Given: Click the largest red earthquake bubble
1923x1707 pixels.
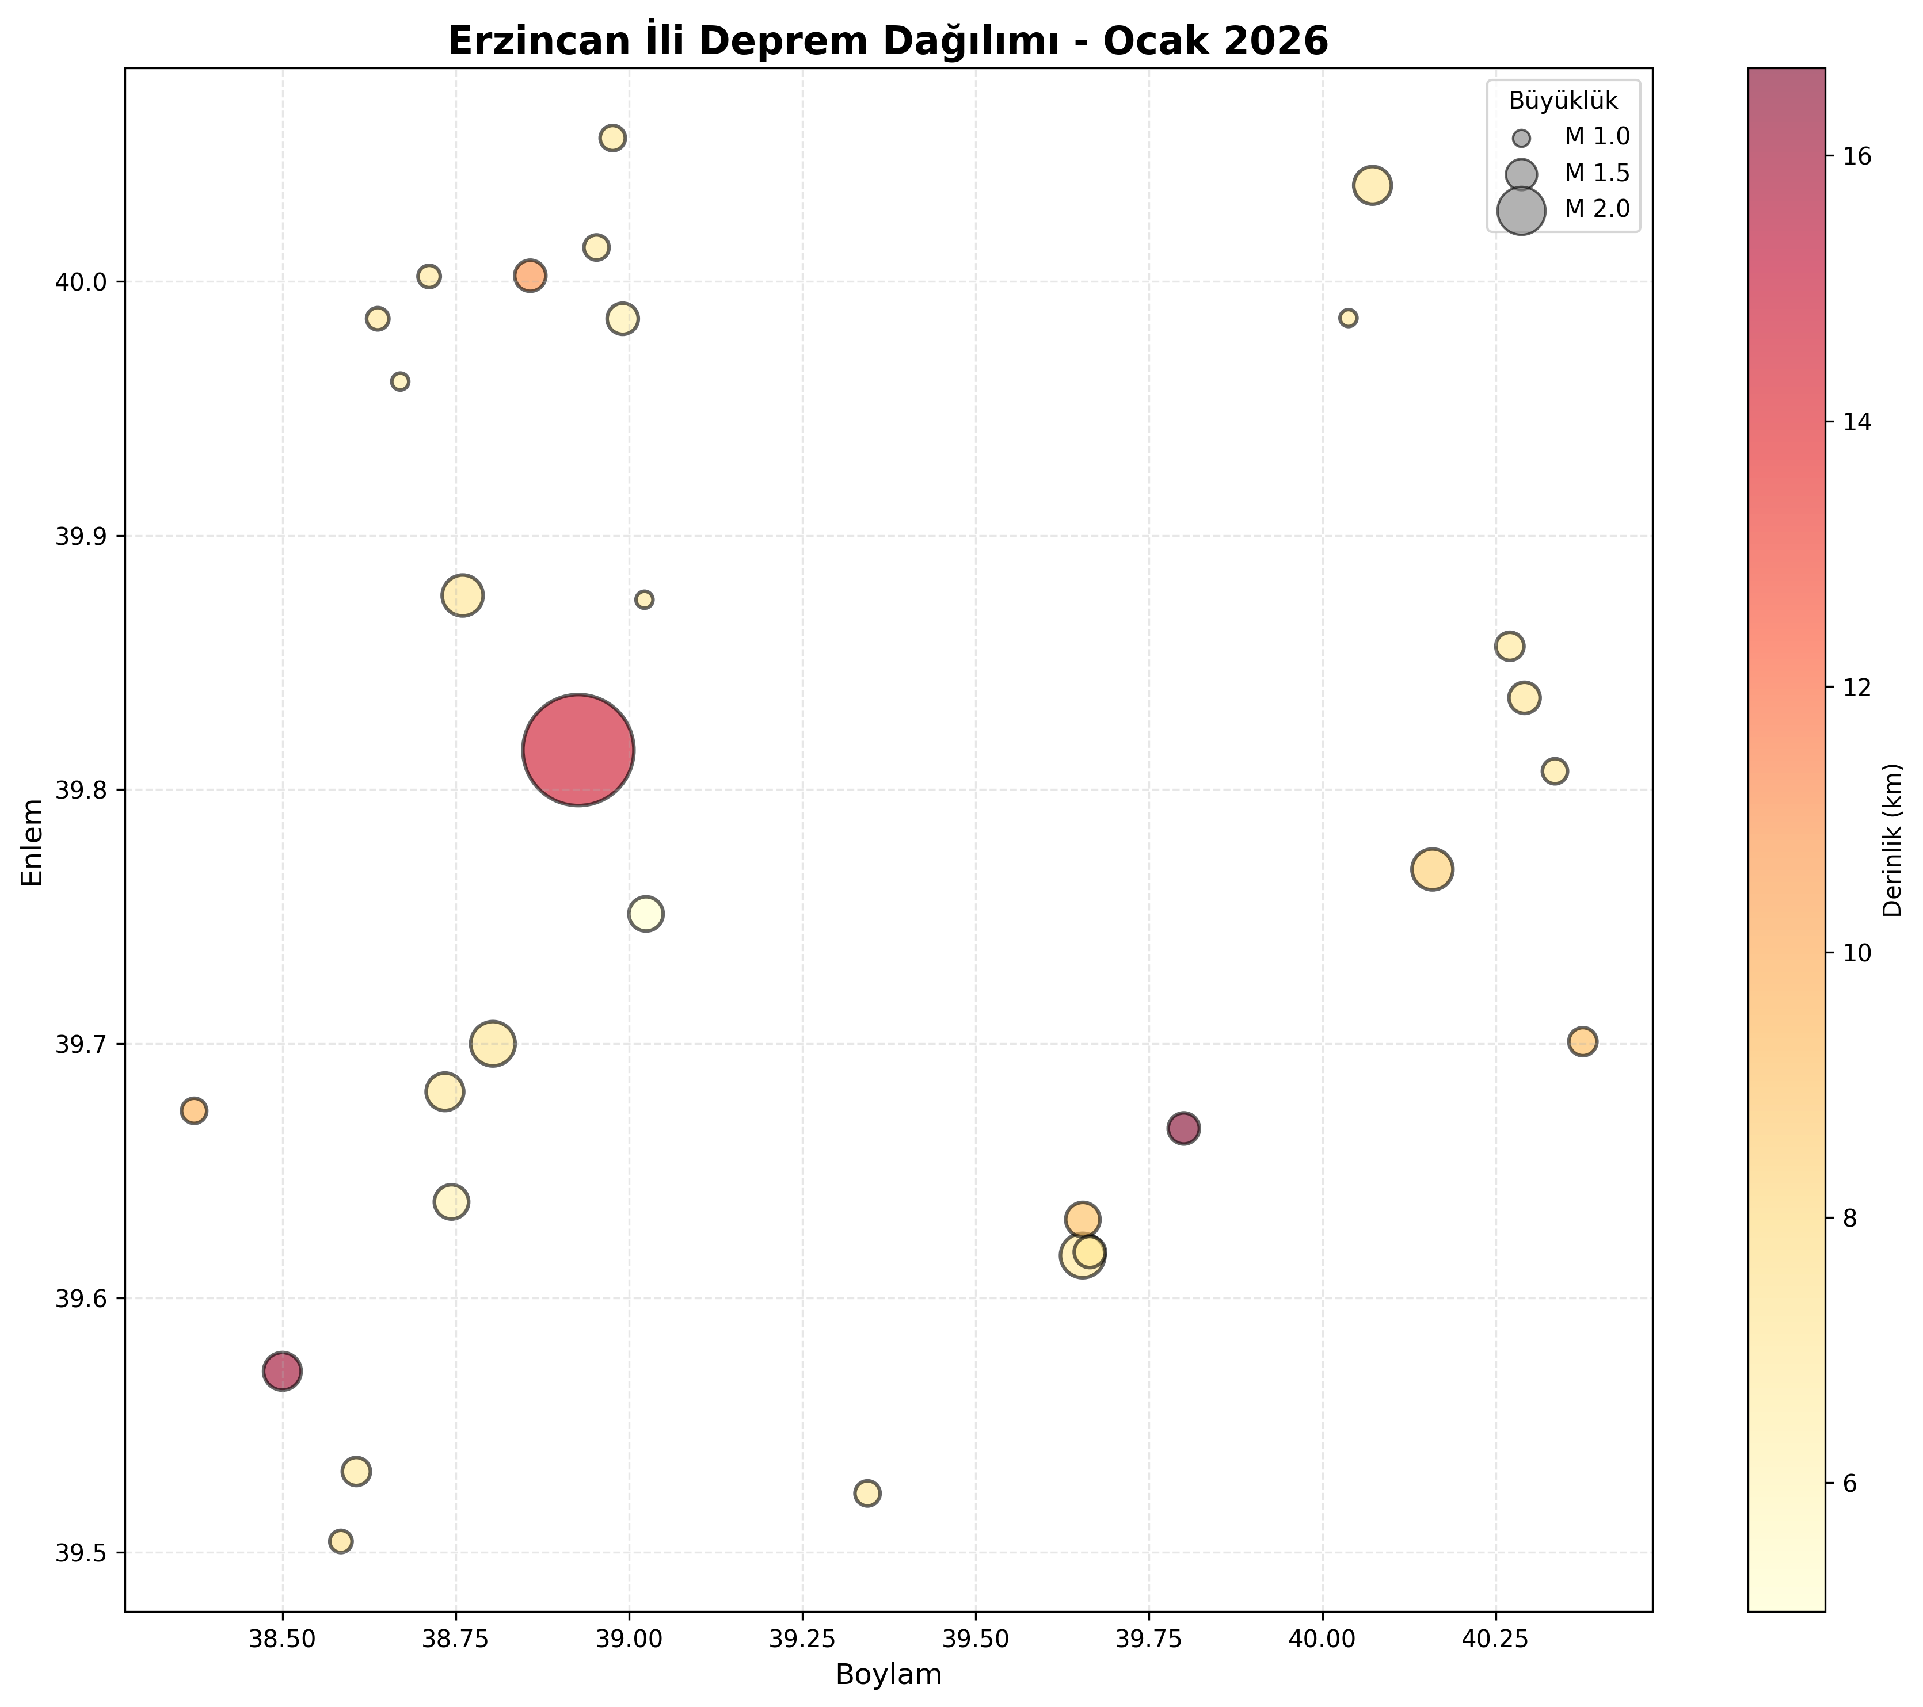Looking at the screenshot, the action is (x=578, y=750).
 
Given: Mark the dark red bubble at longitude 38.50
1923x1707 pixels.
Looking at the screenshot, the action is (x=282, y=1371).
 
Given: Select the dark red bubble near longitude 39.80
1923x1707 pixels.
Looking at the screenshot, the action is (x=1183, y=1129).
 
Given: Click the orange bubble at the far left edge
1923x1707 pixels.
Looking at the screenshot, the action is (x=194, y=1111).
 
